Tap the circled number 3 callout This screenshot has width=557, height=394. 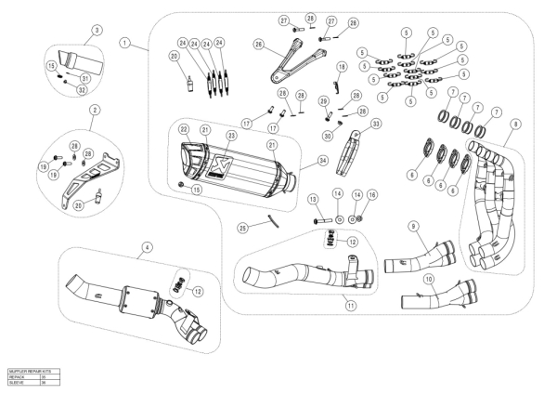tap(96, 30)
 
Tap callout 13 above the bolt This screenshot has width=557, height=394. tap(313, 199)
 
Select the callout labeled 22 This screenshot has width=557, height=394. tap(184, 129)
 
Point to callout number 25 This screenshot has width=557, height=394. tap(241, 228)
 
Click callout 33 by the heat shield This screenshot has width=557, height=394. tap(375, 123)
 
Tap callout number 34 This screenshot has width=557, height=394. tap(323, 161)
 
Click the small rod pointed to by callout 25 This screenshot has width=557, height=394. tap(269, 220)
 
